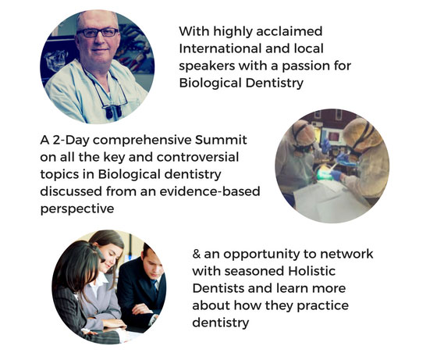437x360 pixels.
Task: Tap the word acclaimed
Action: click(x=290, y=31)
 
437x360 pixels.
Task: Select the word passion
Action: click(x=304, y=67)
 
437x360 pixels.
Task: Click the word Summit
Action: click(x=221, y=140)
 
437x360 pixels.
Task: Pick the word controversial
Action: click(x=197, y=157)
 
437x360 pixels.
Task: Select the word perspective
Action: click(x=77, y=209)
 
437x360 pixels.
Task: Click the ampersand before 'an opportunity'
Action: click(x=197, y=254)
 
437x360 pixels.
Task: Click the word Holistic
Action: click(x=312, y=271)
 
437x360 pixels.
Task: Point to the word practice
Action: click(x=322, y=306)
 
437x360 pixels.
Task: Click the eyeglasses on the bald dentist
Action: click(x=98, y=33)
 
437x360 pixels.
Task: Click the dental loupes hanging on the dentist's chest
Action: click(x=113, y=111)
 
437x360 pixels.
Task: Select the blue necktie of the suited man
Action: click(x=155, y=287)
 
